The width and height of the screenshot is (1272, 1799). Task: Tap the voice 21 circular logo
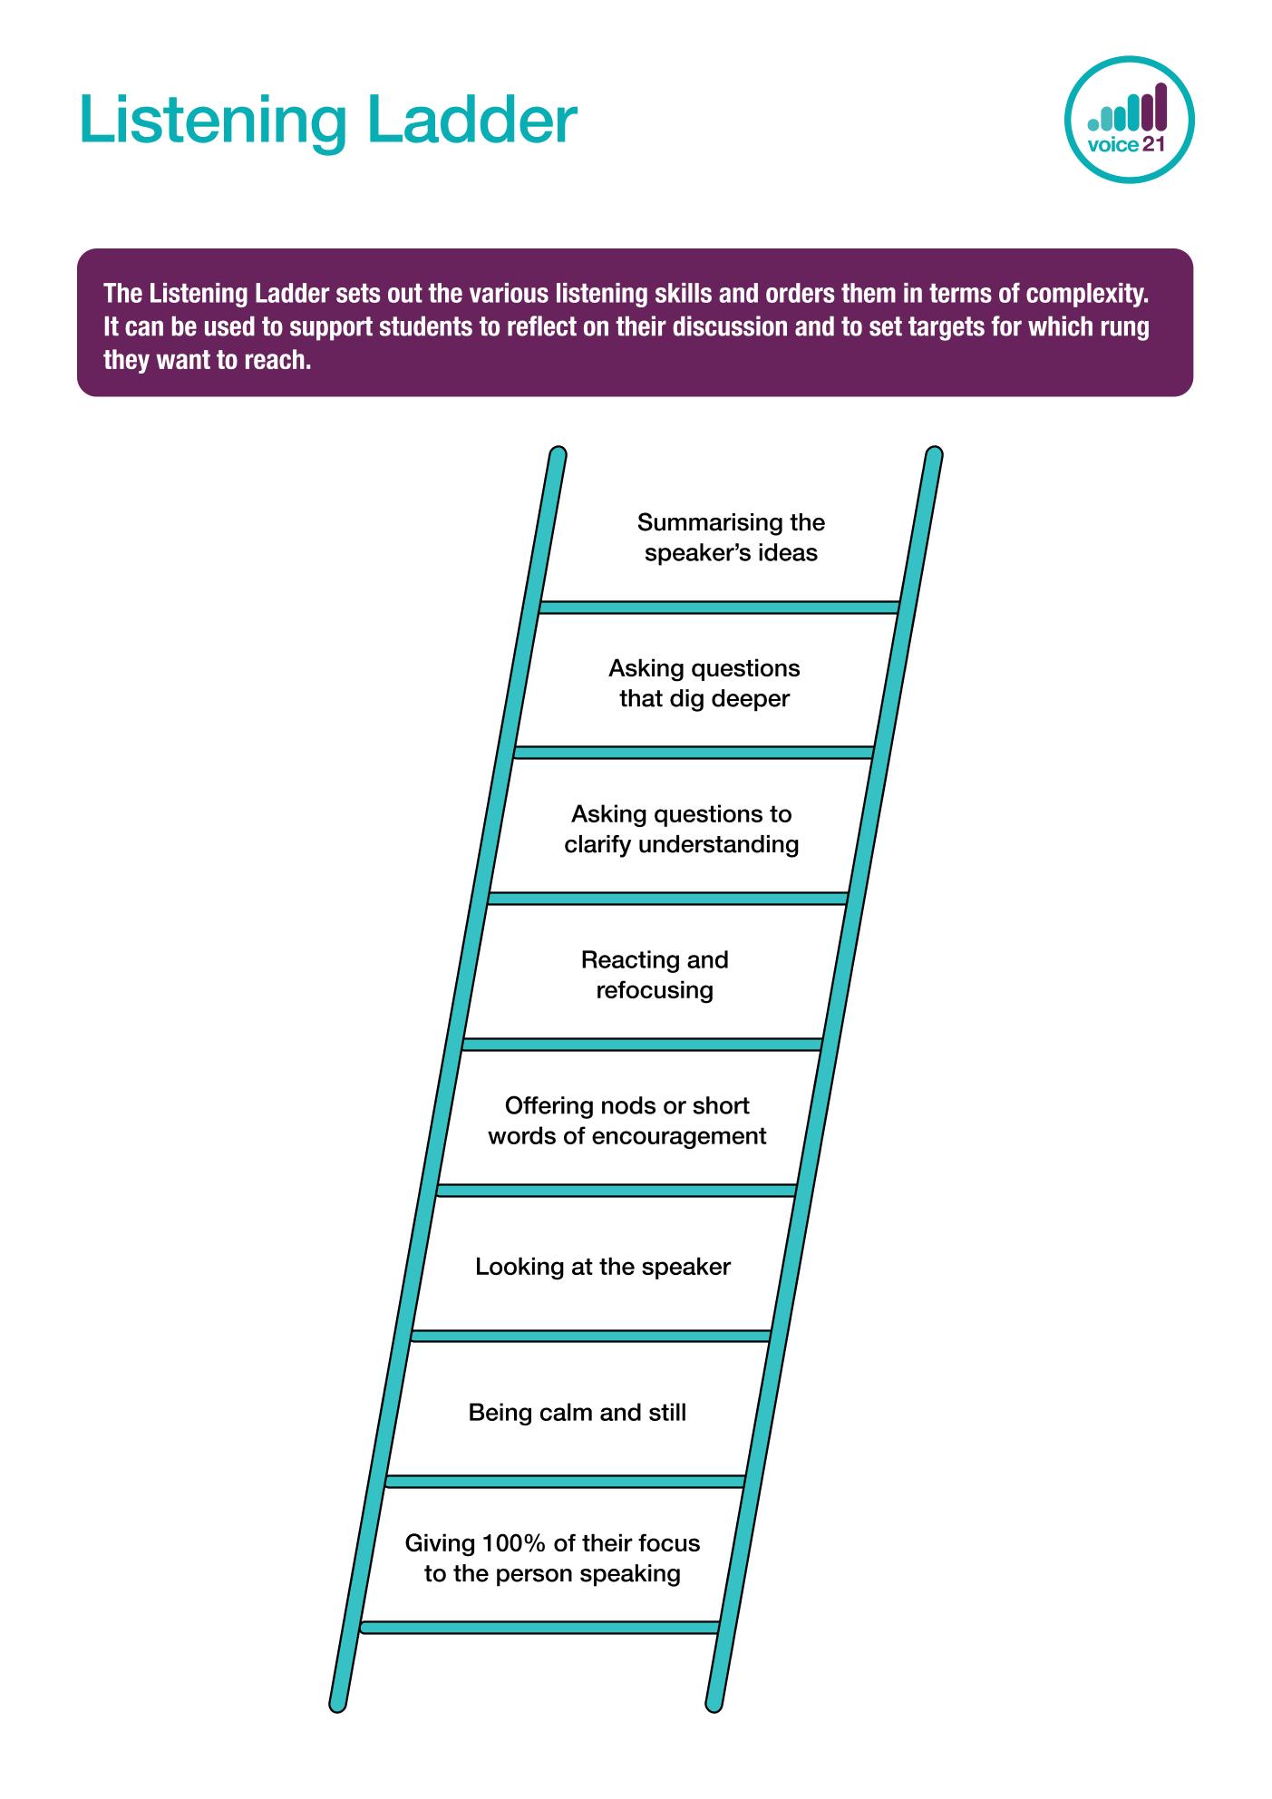coord(1129,120)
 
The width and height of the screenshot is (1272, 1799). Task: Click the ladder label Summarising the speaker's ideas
coord(731,538)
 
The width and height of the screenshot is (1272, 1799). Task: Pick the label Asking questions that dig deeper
coord(704,684)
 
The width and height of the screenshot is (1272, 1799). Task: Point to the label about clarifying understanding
coord(682,830)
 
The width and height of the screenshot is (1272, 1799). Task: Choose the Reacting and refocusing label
coord(655,975)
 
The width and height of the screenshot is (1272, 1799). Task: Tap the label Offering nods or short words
coord(627,1121)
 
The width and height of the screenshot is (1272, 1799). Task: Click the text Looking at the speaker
coord(603,1267)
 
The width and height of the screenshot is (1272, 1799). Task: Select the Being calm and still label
coord(578,1413)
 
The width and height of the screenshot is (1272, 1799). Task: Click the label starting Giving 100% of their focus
coord(552,1558)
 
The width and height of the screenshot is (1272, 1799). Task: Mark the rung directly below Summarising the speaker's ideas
coord(719,607)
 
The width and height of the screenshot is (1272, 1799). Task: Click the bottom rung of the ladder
coord(540,1628)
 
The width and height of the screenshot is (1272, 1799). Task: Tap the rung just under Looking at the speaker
coord(591,1336)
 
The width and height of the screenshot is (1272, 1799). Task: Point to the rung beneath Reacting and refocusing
coord(642,1045)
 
